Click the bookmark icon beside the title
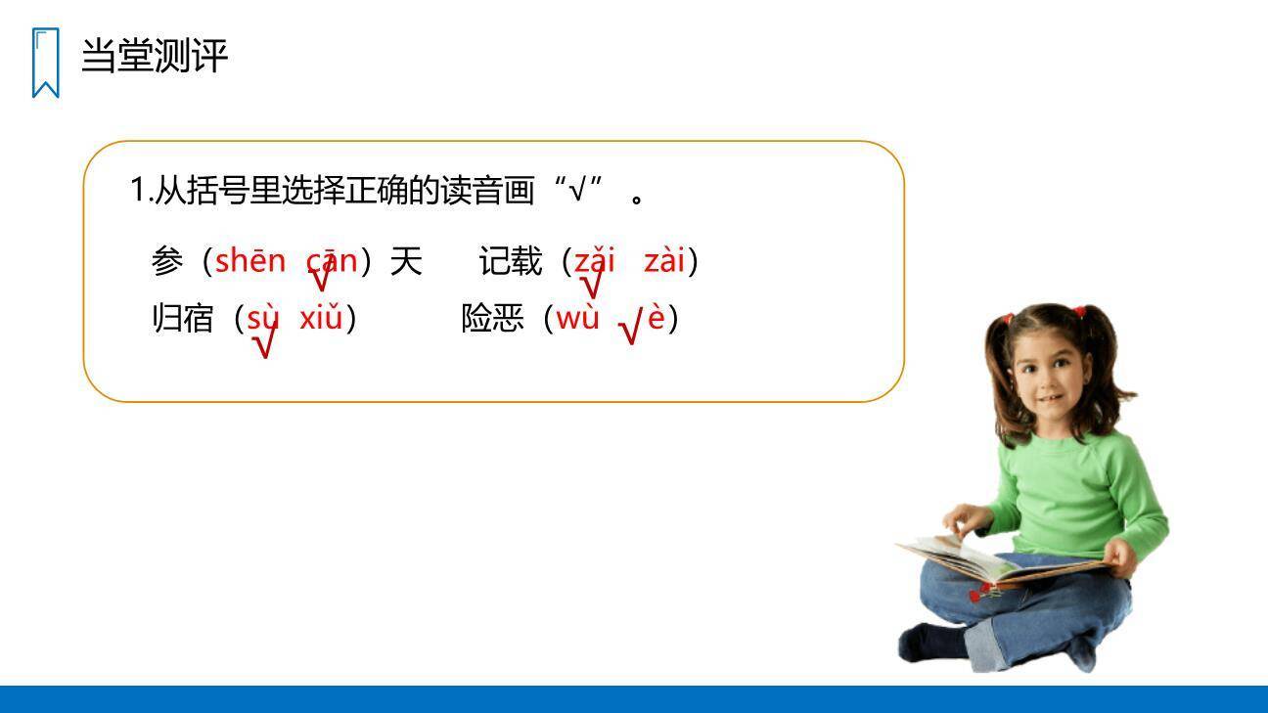(45, 63)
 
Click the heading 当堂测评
(155, 56)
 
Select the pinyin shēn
(249, 261)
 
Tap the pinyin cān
(333, 261)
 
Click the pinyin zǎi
(594, 261)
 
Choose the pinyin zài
(664, 261)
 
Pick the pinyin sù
(263, 318)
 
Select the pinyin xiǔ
(321, 318)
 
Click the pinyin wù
(577, 318)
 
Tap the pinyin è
(657, 318)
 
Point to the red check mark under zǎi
(591, 286)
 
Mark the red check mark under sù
(263, 345)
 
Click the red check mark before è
(631, 329)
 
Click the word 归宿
(182, 319)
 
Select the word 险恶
(492, 319)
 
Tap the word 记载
(510, 261)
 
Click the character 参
(167, 261)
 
